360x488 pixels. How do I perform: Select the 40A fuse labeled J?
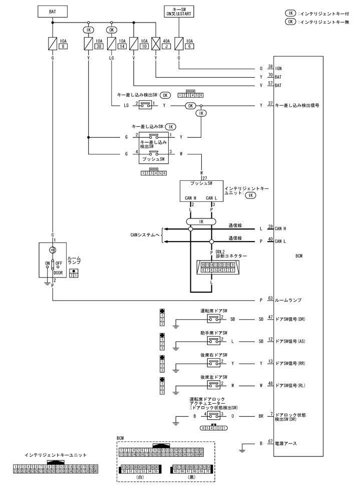(156, 44)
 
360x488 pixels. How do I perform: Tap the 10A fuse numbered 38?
(89, 44)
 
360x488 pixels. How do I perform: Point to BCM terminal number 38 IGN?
(271, 67)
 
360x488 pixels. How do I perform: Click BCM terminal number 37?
(271, 105)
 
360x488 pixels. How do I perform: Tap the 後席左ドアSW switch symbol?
(214, 385)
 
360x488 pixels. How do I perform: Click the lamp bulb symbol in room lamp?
(53, 250)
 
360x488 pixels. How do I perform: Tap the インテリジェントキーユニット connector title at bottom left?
(55, 455)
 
